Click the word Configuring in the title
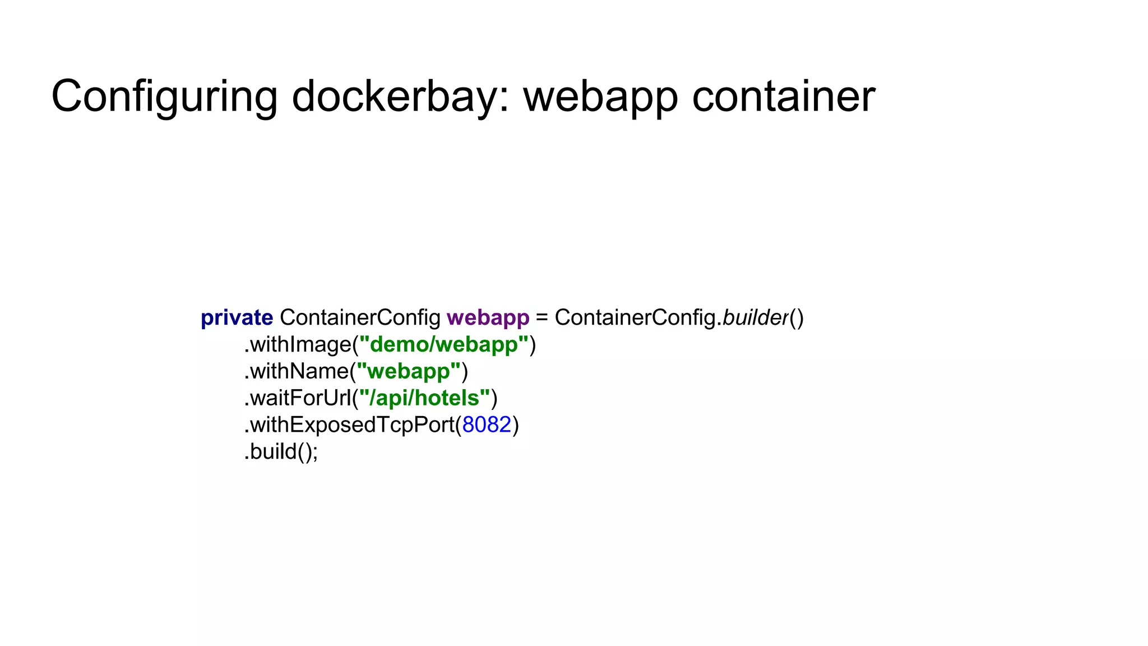pyautogui.click(x=164, y=96)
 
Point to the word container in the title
pyautogui.click(x=783, y=96)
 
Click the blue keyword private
pyautogui.click(x=237, y=318)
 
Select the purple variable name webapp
pyautogui.click(x=488, y=318)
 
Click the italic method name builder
pyautogui.click(x=755, y=317)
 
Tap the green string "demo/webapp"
pyautogui.click(x=443, y=344)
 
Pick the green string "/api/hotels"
pyautogui.click(x=424, y=398)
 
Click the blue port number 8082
pyautogui.click(x=487, y=425)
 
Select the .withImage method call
pyautogui.click(x=298, y=344)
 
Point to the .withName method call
pyautogui.click(x=297, y=371)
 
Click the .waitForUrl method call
pyautogui.click(x=298, y=398)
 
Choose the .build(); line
pyautogui.click(x=281, y=452)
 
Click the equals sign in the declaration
pyautogui.click(x=541, y=318)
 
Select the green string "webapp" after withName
pyautogui.click(x=408, y=371)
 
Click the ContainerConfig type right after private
pyautogui.click(x=360, y=318)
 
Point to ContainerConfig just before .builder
pyautogui.click(x=635, y=318)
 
